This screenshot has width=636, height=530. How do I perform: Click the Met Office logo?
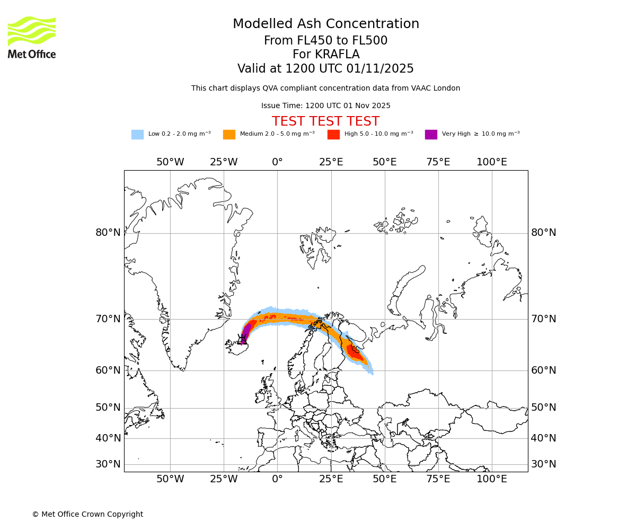click(x=32, y=37)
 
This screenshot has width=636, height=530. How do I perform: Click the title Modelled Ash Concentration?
click(x=325, y=24)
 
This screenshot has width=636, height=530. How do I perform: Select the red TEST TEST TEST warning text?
click(x=325, y=121)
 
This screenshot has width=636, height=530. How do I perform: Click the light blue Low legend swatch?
click(x=137, y=135)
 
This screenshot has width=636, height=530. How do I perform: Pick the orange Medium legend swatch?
click(x=229, y=135)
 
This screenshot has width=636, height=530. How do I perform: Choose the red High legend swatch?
click(x=333, y=135)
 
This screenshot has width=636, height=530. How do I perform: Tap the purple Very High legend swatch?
click(x=431, y=135)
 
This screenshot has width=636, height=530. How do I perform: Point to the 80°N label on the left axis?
click(x=108, y=233)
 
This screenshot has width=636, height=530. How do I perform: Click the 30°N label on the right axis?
click(x=544, y=464)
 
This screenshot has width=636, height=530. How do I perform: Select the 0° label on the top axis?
click(x=277, y=162)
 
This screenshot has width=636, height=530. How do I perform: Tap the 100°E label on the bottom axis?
click(x=492, y=480)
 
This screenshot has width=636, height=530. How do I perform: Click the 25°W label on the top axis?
click(x=224, y=162)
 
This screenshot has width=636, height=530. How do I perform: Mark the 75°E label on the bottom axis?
click(x=438, y=480)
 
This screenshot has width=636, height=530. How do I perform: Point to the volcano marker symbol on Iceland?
click(x=242, y=340)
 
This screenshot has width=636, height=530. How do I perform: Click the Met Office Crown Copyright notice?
click(x=87, y=515)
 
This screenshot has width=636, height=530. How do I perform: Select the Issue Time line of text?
click(x=325, y=106)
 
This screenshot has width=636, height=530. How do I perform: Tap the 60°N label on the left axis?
click(x=108, y=370)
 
